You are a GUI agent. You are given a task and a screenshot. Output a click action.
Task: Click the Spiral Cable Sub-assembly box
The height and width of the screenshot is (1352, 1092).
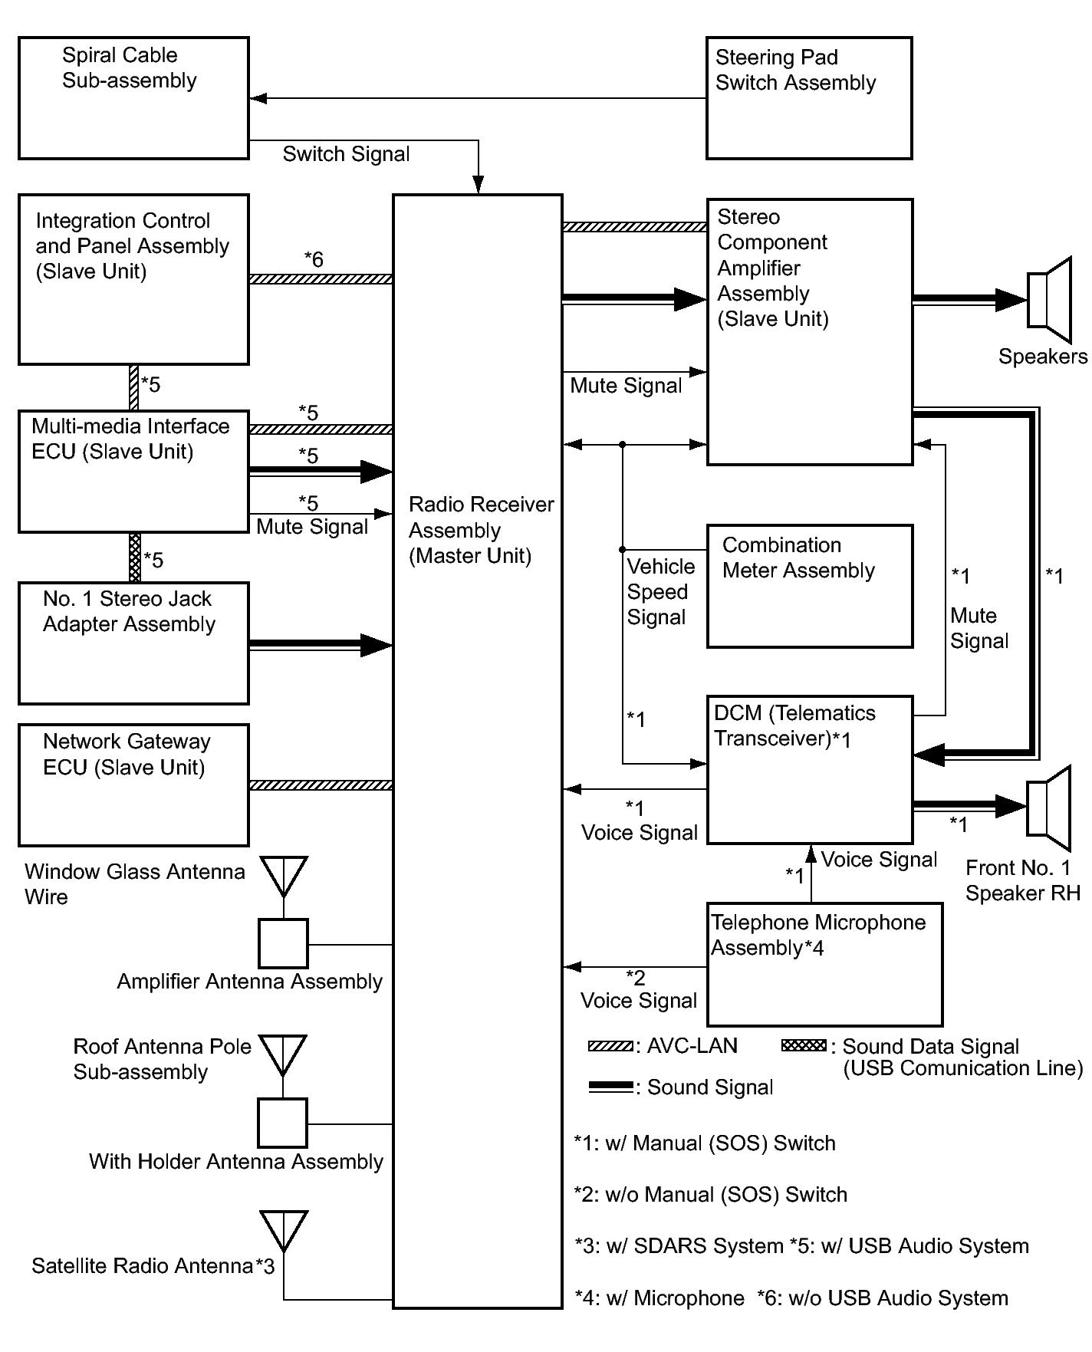pos(133,98)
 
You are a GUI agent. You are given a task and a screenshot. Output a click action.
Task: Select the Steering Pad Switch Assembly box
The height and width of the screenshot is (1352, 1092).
pos(809,98)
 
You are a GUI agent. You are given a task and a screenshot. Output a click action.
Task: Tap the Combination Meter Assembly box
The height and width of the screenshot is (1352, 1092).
pos(809,586)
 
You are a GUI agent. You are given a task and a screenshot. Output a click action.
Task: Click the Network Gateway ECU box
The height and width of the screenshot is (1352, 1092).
pos(133,785)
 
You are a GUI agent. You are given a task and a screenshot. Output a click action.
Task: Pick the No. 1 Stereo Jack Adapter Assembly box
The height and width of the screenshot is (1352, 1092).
pos(133,643)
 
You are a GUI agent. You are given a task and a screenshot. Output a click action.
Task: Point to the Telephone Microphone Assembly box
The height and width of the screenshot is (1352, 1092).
pos(824,965)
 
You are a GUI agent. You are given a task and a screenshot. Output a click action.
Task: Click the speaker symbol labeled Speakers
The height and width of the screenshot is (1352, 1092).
pos(1049,300)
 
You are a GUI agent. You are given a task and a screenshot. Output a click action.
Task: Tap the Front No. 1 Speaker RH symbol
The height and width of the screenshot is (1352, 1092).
pos(1048,808)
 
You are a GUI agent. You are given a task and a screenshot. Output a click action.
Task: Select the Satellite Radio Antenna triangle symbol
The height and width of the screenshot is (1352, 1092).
pos(284,1229)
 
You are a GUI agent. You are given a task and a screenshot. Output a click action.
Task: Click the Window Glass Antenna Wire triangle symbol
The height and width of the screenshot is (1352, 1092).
pos(284,875)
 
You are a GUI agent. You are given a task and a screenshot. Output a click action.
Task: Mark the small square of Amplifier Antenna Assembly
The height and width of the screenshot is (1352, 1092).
pos(284,944)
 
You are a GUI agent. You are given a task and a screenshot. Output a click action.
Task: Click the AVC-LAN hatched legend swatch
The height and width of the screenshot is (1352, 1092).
pos(611,1046)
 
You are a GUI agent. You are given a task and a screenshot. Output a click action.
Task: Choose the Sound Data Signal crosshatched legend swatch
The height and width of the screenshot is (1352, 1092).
pos(804,1045)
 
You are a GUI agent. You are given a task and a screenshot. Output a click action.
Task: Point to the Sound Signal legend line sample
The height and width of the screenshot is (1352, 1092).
pos(611,1087)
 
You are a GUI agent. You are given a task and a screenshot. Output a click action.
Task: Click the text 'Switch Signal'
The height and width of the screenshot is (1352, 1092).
pos(347,154)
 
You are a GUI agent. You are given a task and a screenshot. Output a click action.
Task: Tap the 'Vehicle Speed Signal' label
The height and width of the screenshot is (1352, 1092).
pos(660,592)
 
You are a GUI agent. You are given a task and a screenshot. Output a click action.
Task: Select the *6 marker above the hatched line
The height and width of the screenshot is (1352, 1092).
pos(314,260)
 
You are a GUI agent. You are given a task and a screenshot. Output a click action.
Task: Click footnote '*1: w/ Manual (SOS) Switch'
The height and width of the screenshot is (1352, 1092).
pos(705,1143)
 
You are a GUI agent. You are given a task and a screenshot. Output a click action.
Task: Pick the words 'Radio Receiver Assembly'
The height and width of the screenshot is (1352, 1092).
pos(481,517)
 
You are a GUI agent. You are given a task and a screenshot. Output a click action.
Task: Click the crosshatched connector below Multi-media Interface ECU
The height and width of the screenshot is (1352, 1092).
pos(135,558)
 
